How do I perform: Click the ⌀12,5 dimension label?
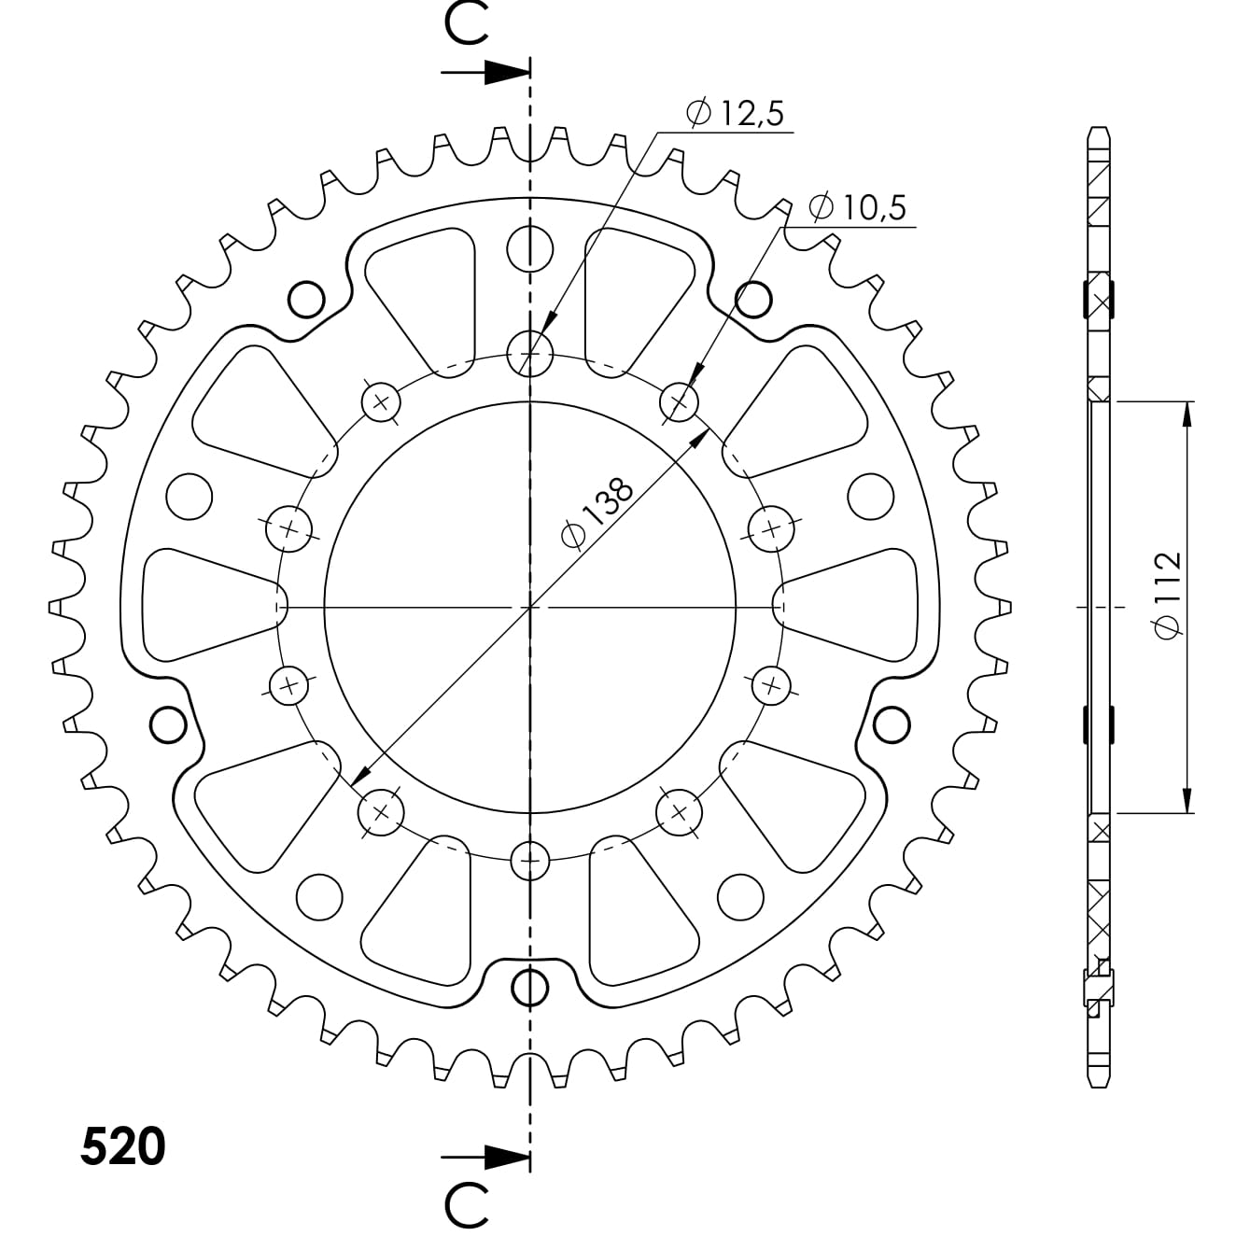coord(735,113)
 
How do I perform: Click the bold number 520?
coord(122,1146)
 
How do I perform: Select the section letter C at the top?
coord(466,24)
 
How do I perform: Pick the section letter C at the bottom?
coord(466,1207)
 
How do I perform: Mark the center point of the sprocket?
coord(530,607)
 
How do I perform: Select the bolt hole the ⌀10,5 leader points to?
coord(680,402)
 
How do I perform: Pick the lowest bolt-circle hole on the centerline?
coord(530,859)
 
